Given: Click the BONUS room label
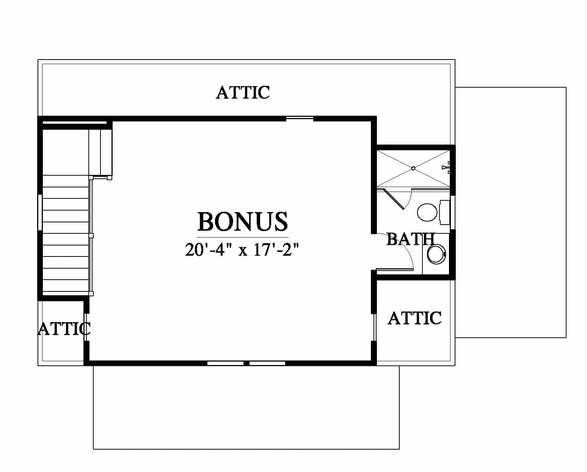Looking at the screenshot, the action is point(242,222).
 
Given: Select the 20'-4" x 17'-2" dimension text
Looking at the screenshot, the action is point(242,250).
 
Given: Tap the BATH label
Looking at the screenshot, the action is point(410,239).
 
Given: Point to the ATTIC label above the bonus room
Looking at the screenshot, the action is point(243,92).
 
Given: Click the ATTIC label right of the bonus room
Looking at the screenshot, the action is point(414,318).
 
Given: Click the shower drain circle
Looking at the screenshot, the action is point(413,168).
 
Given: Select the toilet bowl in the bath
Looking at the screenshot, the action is point(427,212).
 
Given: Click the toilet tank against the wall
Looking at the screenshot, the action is point(445,212).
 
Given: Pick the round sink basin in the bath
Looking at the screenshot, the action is point(436,255).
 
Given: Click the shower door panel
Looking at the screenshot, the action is point(393,199).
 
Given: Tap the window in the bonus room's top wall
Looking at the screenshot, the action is point(300,118).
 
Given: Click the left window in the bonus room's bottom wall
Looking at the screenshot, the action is point(225,363).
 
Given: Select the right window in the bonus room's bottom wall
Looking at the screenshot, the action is point(267,363).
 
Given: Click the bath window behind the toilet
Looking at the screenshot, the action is point(452,212).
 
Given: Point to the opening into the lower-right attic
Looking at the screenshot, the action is point(374,327).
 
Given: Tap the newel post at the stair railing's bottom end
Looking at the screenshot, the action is point(91,294).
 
